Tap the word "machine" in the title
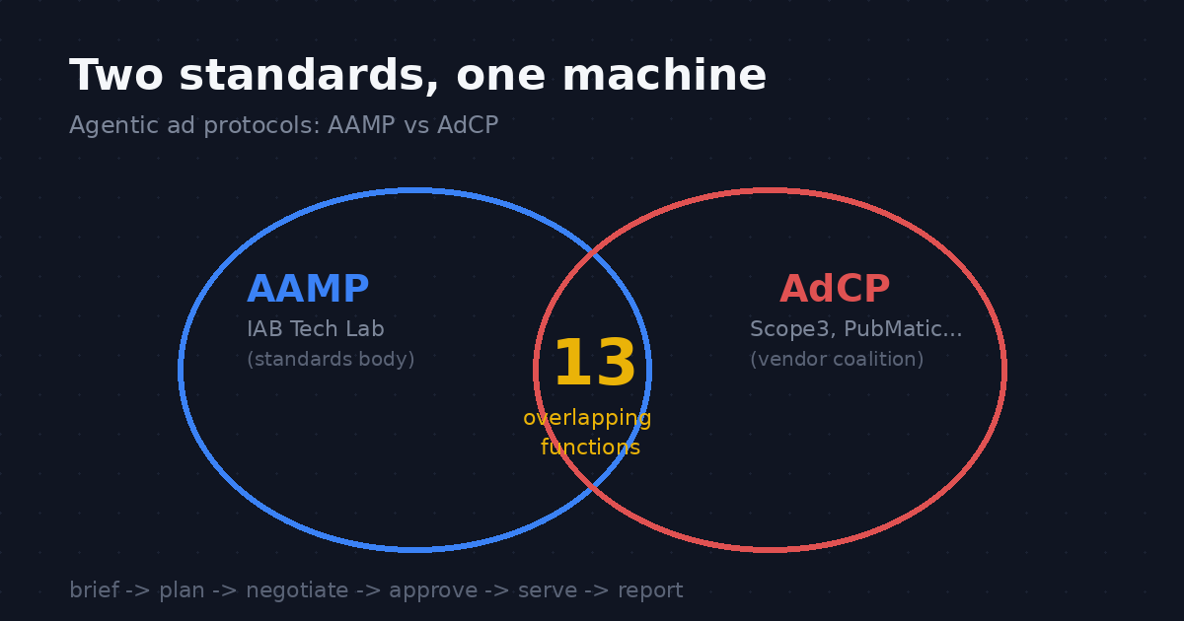tap(664, 75)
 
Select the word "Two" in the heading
tap(115, 75)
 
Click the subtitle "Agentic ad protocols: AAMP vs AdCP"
tap(284, 126)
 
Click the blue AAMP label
tap(308, 289)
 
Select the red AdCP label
tap(835, 289)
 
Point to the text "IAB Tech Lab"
tap(316, 329)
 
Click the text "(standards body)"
tap(331, 359)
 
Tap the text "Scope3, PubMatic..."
tap(855, 329)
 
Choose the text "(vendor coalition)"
tap(837, 359)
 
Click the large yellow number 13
tap(595, 363)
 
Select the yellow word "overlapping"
tap(587, 419)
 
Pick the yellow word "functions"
tap(590, 448)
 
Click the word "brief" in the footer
tap(94, 589)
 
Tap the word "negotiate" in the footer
tap(297, 590)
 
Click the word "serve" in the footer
tap(548, 590)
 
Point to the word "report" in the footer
tap(650, 590)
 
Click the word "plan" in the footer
tap(182, 590)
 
